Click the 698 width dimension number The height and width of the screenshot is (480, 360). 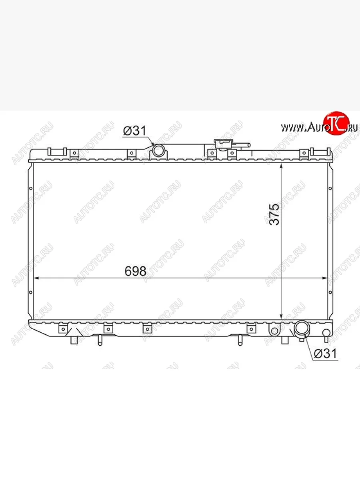pyautogui.click(x=135, y=271)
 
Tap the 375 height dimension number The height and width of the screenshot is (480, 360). pyautogui.click(x=274, y=214)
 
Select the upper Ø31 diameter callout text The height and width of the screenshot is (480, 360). pyautogui.click(x=135, y=130)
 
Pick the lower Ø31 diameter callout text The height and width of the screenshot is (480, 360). pyautogui.click(x=326, y=353)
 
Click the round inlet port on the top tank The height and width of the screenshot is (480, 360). pyautogui.click(x=158, y=150)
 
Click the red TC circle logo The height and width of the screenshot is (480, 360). pyautogui.click(x=336, y=123)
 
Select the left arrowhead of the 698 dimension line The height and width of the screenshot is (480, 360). pyautogui.click(x=36, y=278)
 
